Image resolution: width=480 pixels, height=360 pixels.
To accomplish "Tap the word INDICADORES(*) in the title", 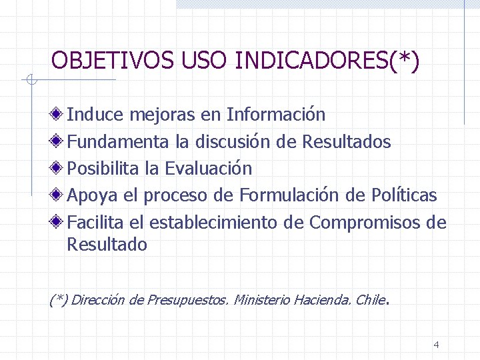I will pos(327,61).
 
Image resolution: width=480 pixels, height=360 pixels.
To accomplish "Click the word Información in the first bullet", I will pos(276,115).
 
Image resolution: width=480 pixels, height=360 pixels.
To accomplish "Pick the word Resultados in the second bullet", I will pos(347,141).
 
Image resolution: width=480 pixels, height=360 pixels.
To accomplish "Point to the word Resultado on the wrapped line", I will pos(107,245).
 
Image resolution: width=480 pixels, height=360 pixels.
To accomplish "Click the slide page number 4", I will pos(436,345).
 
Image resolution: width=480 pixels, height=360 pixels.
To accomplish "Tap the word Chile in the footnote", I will pos(371,300).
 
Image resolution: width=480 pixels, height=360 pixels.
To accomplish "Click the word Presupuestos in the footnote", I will pos(187,300).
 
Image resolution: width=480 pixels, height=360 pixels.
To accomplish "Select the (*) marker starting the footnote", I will pos(59,300).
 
